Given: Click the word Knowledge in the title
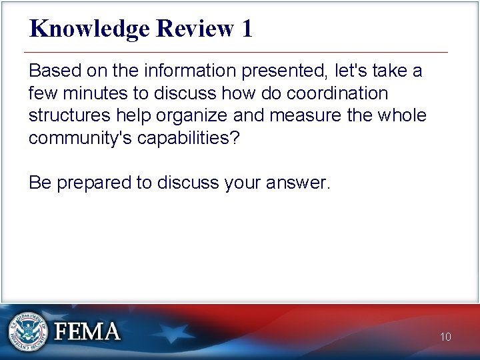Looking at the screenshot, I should point(90,29).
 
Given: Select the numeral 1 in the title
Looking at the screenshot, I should point(247,29).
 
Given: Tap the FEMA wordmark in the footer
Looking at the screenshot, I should point(87,331).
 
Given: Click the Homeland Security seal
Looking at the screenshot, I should point(29,331).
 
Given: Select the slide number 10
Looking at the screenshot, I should point(445,337).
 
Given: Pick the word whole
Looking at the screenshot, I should point(401,115).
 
